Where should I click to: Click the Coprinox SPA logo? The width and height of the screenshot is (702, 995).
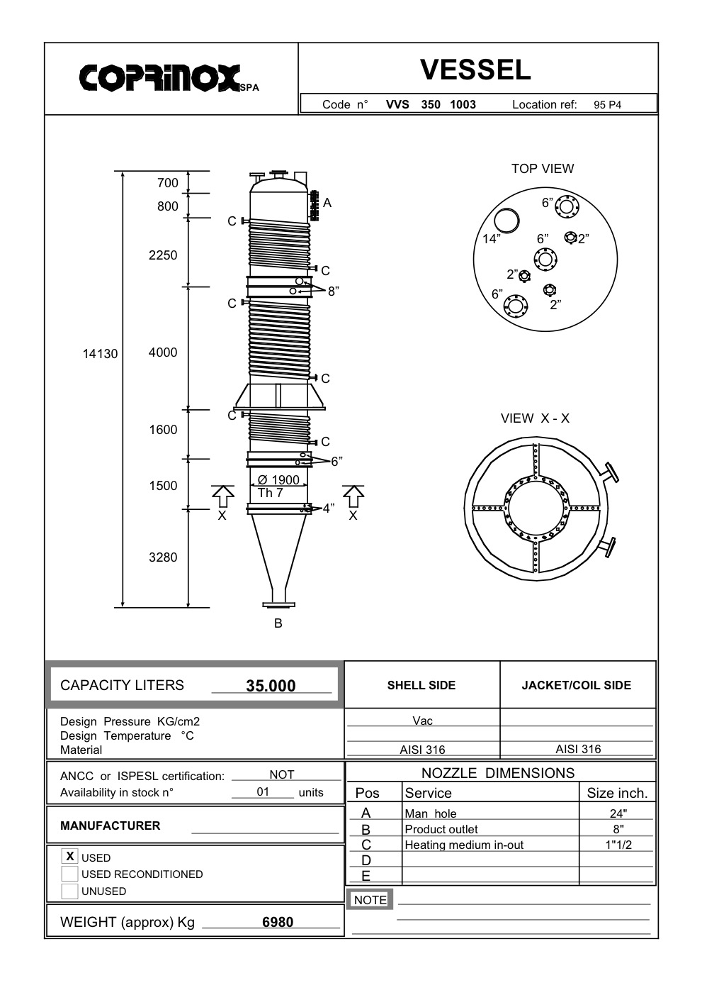click(x=169, y=78)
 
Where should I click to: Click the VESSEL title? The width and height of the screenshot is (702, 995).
click(x=475, y=70)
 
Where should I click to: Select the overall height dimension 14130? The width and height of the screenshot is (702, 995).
click(x=101, y=354)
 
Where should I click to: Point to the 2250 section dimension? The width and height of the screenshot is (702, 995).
click(x=163, y=255)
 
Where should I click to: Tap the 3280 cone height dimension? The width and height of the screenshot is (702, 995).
click(x=163, y=557)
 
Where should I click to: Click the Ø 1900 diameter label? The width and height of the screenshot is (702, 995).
click(x=278, y=480)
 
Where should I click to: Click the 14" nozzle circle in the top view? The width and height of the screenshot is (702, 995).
click(x=506, y=220)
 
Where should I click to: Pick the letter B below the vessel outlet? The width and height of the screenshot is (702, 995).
click(x=278, y=623)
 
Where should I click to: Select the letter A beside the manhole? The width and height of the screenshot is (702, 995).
click(x=327, y=203)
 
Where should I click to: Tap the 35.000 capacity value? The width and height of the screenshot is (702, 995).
click(x=271, y=686)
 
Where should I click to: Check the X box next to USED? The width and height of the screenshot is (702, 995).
click(x=70, y=857)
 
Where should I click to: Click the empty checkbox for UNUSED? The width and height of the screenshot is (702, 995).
click(x=70, y=891)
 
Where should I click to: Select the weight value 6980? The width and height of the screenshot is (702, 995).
click(x=278, y=922)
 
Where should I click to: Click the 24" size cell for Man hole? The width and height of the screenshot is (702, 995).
click(x=618, y=813)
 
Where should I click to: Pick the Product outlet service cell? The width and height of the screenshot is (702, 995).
click(x=441, y=829)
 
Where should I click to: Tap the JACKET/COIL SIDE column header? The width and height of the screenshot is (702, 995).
click(x=577, y=685)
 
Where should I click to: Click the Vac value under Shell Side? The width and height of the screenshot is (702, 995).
click(x=422, y=721)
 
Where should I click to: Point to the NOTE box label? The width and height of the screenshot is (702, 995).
click(x=370, y=900)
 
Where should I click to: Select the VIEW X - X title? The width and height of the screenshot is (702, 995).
click(x=535, y=418)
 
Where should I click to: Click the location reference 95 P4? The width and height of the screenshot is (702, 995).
click(x=607, y=105)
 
